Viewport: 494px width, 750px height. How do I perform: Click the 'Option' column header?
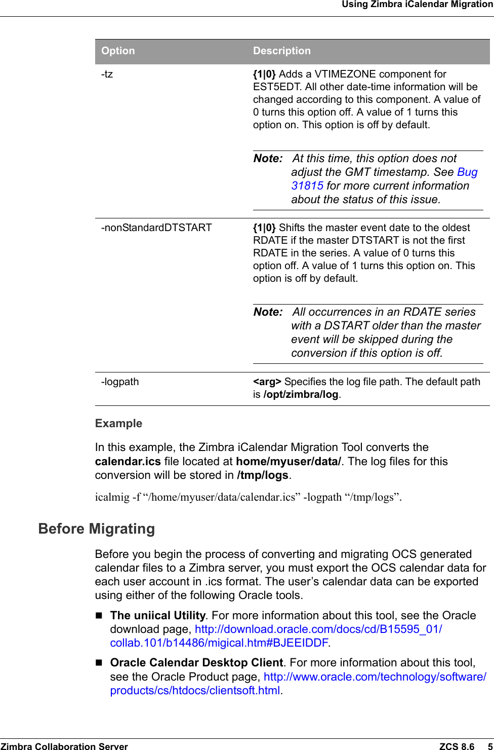pos(118,51)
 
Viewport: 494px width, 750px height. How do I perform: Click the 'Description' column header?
pos(281,51)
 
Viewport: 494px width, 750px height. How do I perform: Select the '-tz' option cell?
pos(107,74)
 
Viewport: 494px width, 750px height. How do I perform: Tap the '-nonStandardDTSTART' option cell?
pos(156,228)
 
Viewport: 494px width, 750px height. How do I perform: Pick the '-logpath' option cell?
pos(120,382)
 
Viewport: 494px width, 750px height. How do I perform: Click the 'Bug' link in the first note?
pos(467,172)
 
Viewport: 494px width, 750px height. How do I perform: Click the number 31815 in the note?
pos(307,186)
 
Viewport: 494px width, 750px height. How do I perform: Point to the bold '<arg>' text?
pos(267,382)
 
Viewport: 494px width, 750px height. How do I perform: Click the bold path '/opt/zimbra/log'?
pos(301,394)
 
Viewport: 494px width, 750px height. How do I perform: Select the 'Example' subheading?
pos(118,423)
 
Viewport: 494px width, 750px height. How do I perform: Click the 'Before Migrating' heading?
pos(97,529)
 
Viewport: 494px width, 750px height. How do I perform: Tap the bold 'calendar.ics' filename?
pos(128,462)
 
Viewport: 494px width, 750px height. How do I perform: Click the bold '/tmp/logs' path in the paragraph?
pos(262,475)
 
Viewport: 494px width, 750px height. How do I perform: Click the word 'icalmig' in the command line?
pos(112,497)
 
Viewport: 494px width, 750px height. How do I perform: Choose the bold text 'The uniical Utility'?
pos(157,615)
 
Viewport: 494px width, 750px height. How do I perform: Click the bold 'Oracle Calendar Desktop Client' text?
pos(196,663)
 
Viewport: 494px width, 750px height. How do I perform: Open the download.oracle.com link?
pos(318,629)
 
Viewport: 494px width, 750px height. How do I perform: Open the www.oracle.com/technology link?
pos(375,677)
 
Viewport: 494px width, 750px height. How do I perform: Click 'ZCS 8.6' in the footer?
pos(457,746)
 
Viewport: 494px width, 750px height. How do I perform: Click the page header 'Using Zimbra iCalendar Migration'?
pos(417,5)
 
